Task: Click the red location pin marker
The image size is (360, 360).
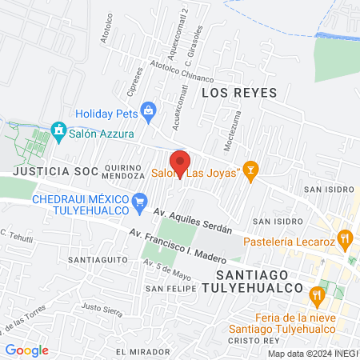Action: coord(181,162)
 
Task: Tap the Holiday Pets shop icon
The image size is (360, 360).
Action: coord(147,109)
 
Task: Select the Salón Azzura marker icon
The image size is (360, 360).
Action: coord(58,130)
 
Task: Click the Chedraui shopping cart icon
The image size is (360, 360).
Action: coord(141,200)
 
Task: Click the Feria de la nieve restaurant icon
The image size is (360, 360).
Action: coord(318,294)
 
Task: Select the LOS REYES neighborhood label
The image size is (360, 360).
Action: coord(238,93)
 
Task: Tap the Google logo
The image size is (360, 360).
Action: coord(27,350)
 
